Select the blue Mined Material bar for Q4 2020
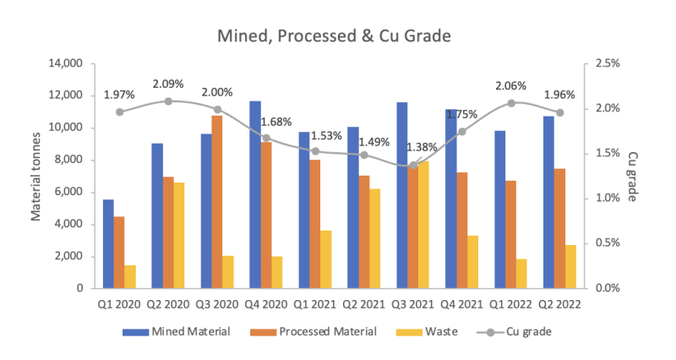[254, 194]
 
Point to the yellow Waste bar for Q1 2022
[521, 273]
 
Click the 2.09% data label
[168, 85]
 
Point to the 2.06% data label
[510, 86]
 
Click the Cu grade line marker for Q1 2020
[119, 112]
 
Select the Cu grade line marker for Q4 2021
[462, 132]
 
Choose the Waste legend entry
[423, 332]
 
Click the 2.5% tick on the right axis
[608, 63]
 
